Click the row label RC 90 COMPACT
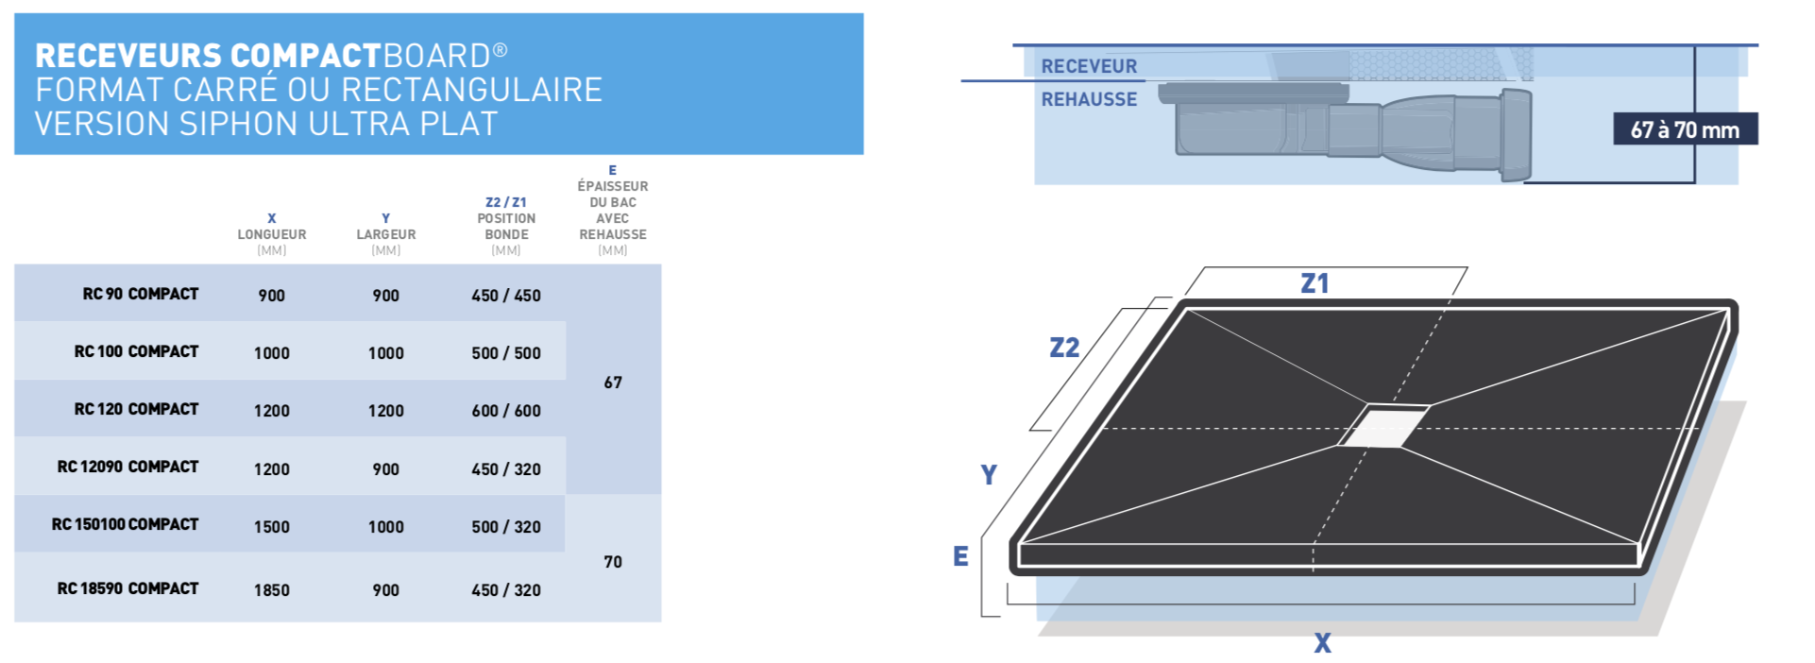pyautogui.click(x=141, y=295)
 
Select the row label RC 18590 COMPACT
pyautogui.click(x=128, y=589)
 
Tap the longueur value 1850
pyautogui.click(x=272, y=590)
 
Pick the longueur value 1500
pyautogui.click(x=272, y=527)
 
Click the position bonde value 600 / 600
pyautogui.click(x=506, y=411)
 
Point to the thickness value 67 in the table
pyautogui.click(x=613, y=382)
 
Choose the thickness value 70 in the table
pyautogui.click(x=613, y=562)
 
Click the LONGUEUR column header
pyautogui.click(x=272, y=234)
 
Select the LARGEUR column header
pyautogui.click(x=386, y=234)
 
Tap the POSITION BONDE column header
pyautogui.click(x=506, y=227)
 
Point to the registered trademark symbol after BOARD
pyautogui.click(x=500, y=49)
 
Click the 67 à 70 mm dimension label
pyautogui.click(x=1685, y=130)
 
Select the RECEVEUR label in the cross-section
pyautogui.click(x=1089, y=66)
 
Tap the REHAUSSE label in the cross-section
pyautogui.click(x=1089, y=99)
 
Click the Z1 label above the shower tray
pyautogui.click(x=1315, y=283)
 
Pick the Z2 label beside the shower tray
pyautogui.click(x=1064, y=348)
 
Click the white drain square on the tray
pyautogui.click(x=1383, y=425)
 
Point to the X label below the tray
pyautogui.click(x=1322, y=643)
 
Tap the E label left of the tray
pyautogui.click(x=960, y=556)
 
